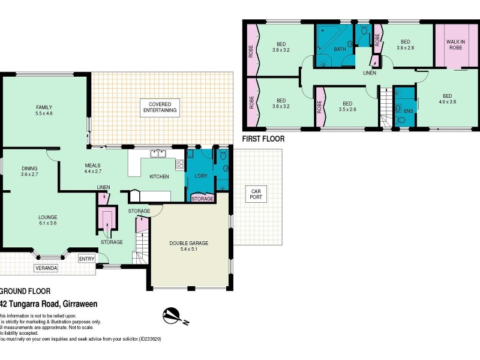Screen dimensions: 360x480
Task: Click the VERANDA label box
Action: point(46,268)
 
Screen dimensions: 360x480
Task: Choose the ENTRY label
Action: point(87,259)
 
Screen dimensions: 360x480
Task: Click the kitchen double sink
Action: point(158,154)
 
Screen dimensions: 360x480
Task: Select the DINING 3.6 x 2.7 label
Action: point(29,171)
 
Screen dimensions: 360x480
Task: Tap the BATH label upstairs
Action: point(340,49)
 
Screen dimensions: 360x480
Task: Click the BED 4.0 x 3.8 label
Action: point(446,98)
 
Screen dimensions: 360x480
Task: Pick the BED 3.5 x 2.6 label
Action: point(347,106)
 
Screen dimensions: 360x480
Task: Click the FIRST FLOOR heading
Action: point(263,139)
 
